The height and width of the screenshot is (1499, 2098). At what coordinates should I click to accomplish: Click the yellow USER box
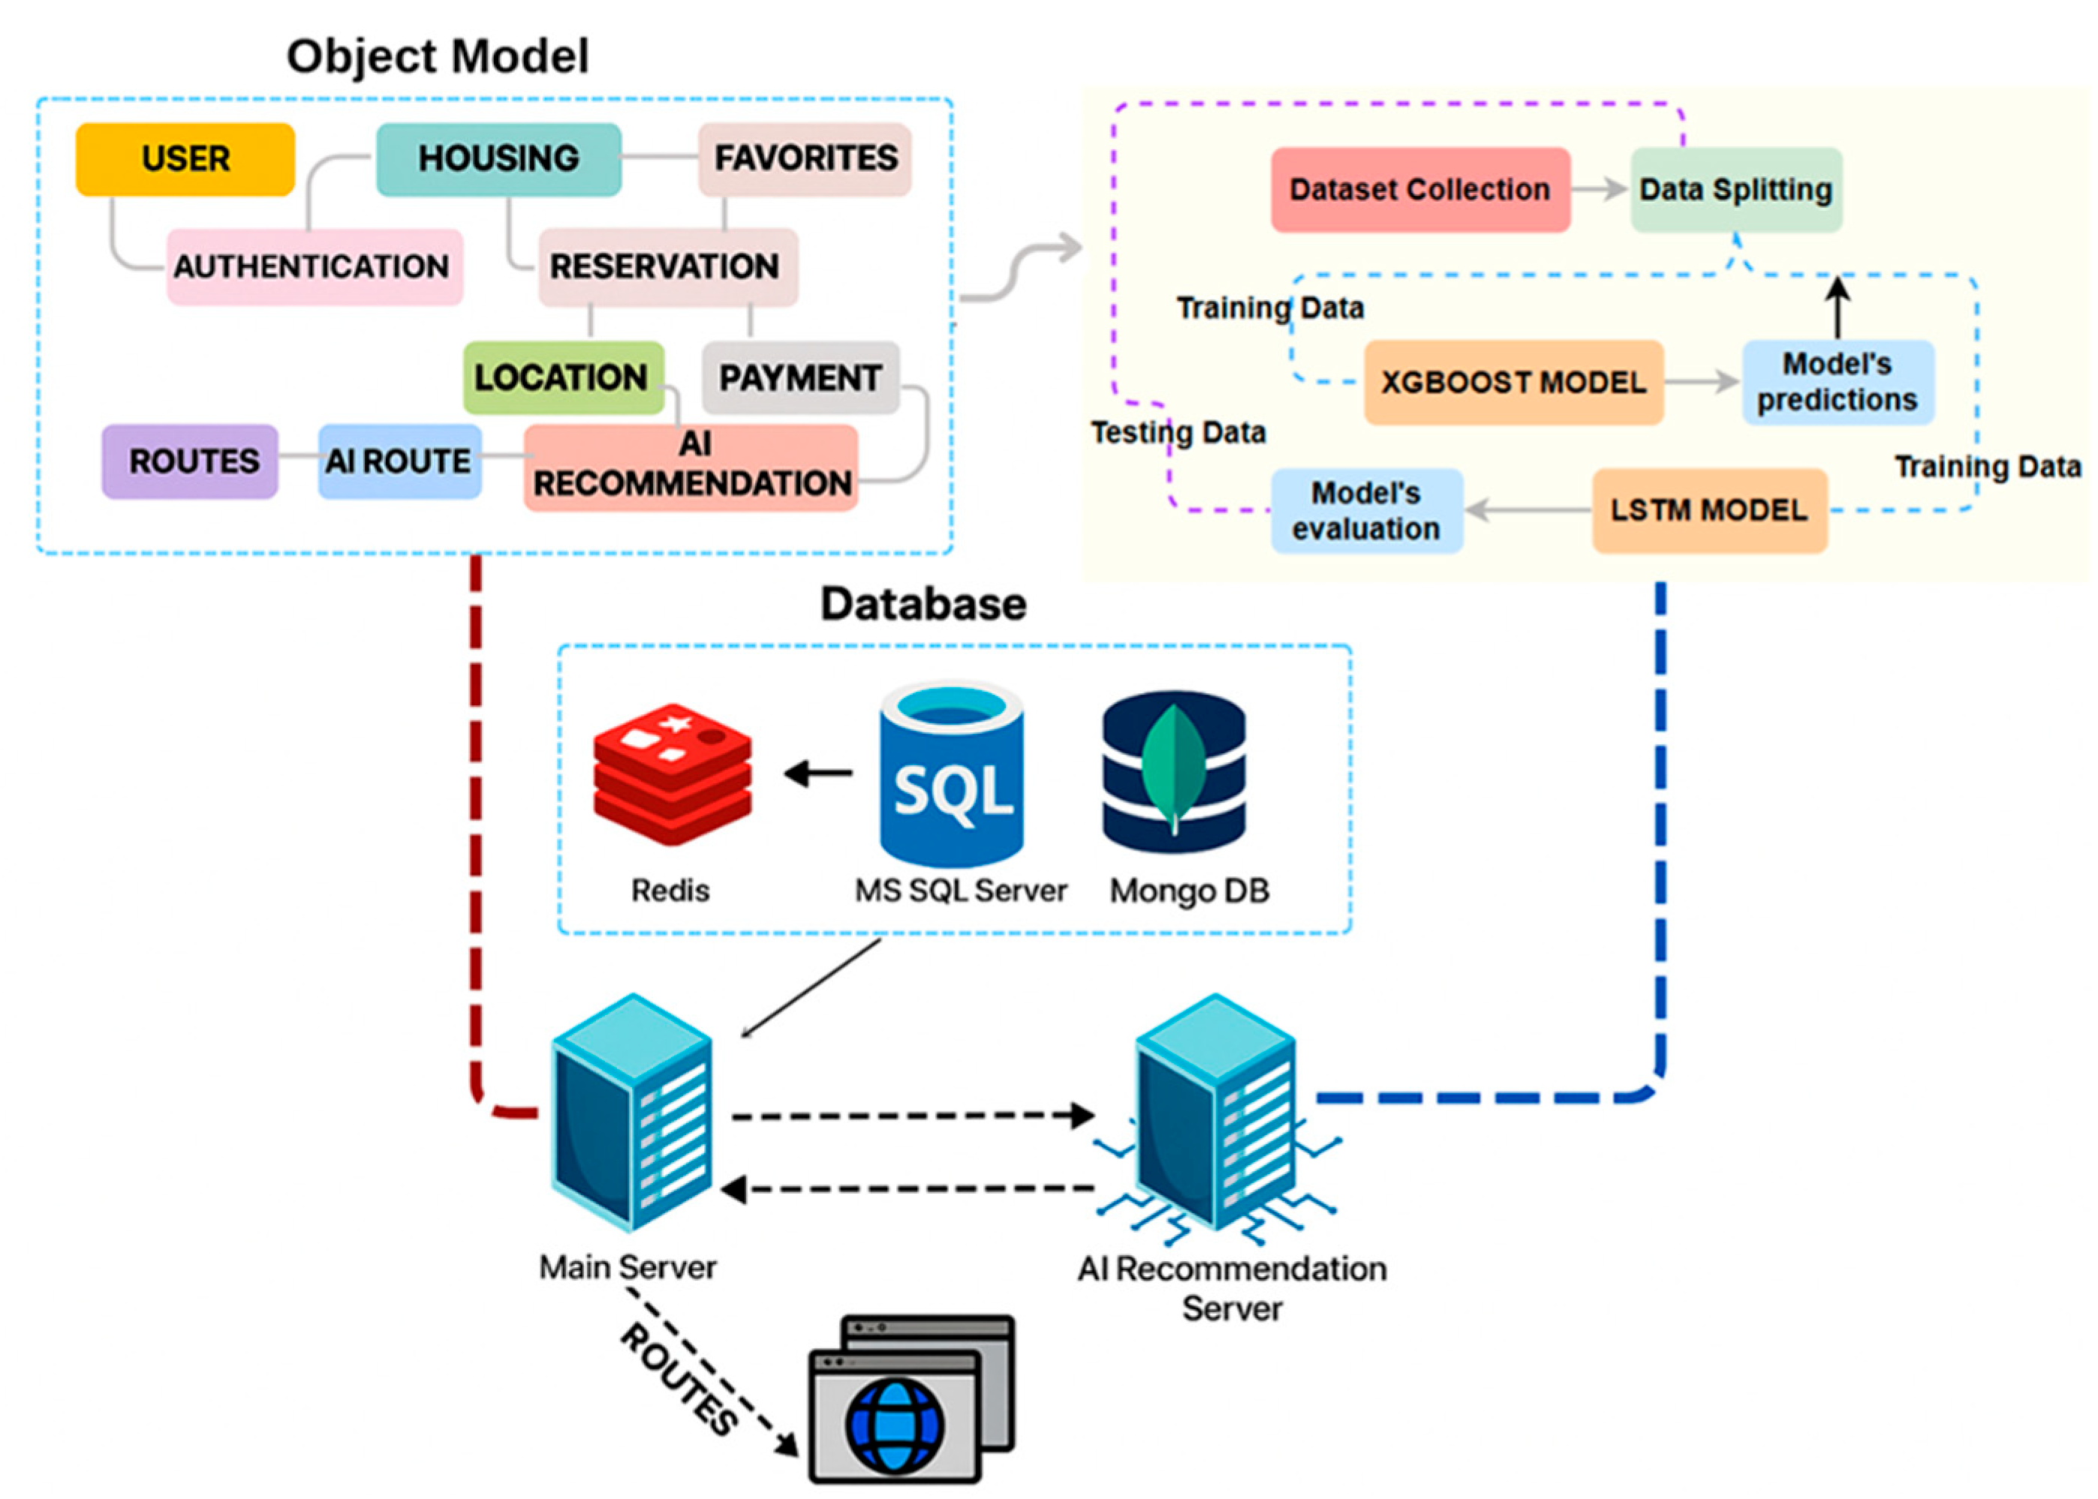(x=185, y=159)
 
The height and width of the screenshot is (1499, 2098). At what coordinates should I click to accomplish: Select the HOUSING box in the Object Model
(x=498, y=159)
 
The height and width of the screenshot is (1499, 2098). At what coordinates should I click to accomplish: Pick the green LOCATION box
(x=563, y=377)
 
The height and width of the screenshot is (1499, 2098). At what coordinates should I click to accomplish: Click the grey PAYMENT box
(x=801, y=377)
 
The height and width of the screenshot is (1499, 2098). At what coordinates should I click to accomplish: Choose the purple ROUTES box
(x=190, y=461)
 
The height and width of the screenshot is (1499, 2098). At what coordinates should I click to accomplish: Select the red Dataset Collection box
(x=1420, y=189)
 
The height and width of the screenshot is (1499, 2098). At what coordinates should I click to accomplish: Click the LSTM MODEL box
(x=1710, y=510)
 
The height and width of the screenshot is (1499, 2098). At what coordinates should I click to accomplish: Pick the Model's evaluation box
(x=1367, y=510)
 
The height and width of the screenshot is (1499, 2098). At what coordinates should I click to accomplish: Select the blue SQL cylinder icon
(x=951, y=774)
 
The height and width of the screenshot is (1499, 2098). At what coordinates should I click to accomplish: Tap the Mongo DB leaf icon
(x=1174, y=770)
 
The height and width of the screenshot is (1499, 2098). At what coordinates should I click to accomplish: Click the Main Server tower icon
(x=631, y=1113)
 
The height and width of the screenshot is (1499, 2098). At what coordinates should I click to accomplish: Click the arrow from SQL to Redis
(x=818, y=773)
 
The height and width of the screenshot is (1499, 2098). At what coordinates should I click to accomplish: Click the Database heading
(x=923, y=605)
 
